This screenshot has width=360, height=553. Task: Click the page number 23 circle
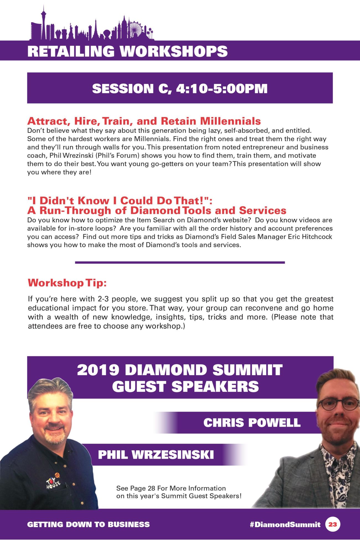[x=333, y=524]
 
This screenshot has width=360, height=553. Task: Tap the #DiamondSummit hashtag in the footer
[x=285, y=525]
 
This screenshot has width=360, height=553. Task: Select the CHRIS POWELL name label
[x=252, y=422]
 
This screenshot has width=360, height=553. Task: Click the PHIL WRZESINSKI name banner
[x=156, y=455]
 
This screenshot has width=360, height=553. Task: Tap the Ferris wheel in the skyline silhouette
[x=136, y=28]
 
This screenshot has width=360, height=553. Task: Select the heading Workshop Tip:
[x=67, y=283]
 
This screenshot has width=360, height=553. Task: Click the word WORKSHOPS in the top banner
[x=173, y=51]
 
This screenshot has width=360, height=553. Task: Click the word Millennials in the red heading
[x=230, y=121]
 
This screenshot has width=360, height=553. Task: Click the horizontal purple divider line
[x=180, y=262]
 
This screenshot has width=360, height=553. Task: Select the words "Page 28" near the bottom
[x=142, y=488]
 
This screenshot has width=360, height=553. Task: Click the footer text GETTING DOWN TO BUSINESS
[x=89, y=525]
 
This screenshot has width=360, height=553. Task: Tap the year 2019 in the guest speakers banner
[x=98, y=370]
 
